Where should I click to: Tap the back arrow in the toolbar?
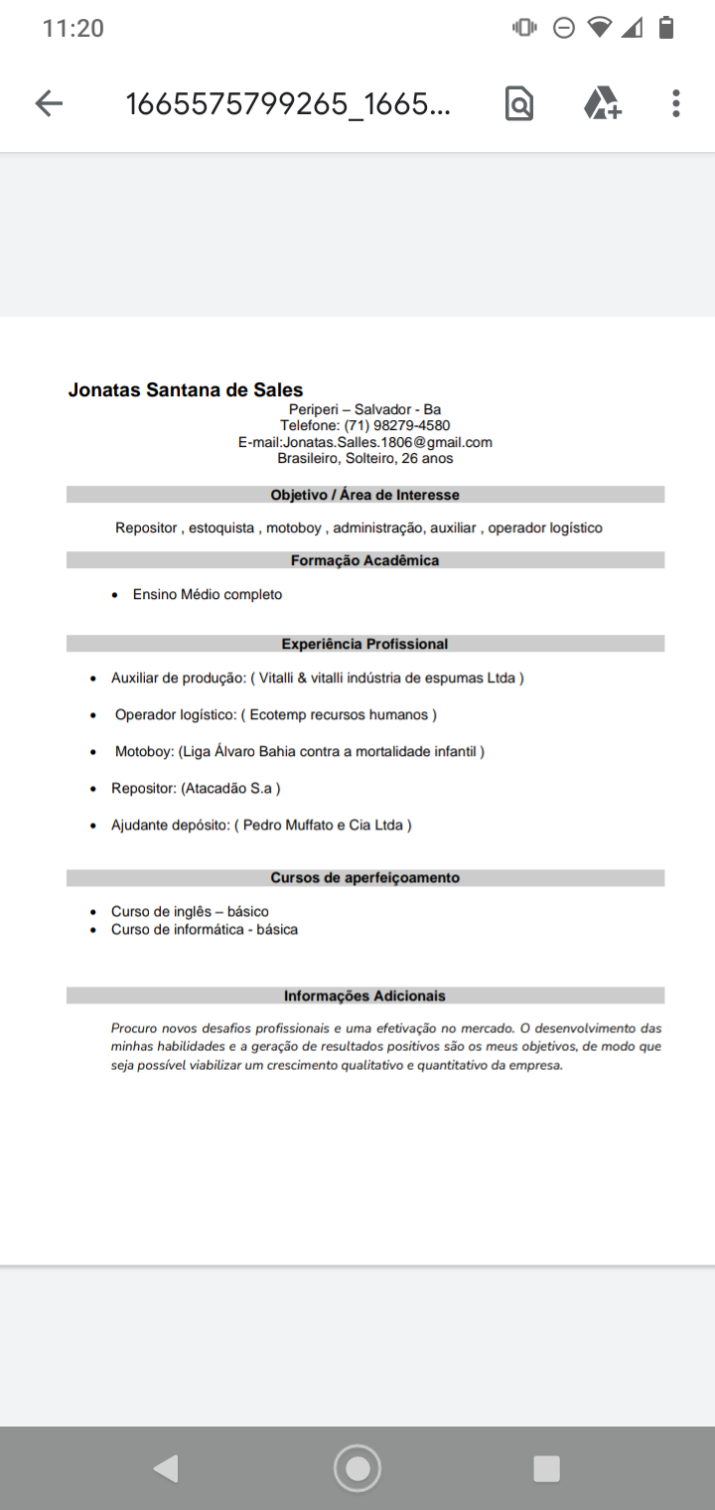tap(49, 103)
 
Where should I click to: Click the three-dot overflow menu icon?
tap(675, 103)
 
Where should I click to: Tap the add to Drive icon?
tap(602, 103)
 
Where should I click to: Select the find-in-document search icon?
tap(519, 103)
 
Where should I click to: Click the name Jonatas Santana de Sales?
tap(186, 390)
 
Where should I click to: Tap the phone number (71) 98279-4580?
tap(396, 426)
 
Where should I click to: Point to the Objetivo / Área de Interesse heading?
tap(364, 495)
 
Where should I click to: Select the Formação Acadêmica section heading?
tap(364, 561)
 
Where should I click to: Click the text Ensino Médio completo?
tap(208, 595)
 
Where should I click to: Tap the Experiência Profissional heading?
tap(364, 644)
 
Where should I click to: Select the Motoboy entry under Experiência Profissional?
tap(299, 752)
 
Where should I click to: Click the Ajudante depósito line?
tap(260, 826)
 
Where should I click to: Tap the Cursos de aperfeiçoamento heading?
tap(364, 878)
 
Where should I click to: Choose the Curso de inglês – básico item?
tap(190, 912)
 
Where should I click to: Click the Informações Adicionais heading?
tap(364, 996)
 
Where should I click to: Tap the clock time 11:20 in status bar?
tap(73, 29)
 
